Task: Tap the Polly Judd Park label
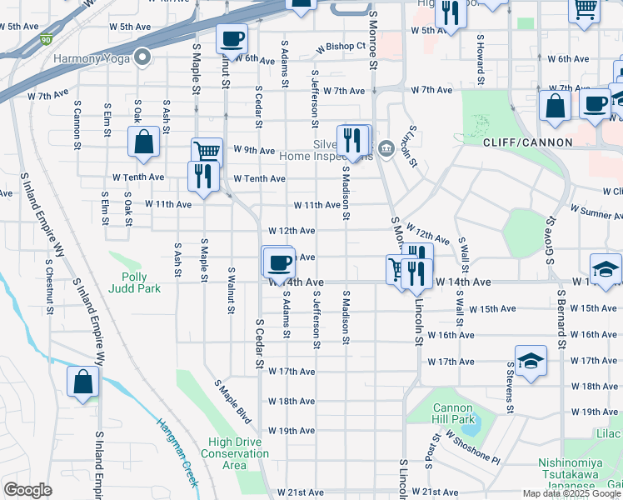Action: (134, 282)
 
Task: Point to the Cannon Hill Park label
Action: (453, 413)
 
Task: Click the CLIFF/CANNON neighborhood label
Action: (528, 142)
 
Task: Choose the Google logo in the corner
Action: (27, 489)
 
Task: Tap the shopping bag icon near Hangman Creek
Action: (83, 382)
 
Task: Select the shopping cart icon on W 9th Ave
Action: (207, 152)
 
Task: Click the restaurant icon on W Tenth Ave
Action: (203, 175)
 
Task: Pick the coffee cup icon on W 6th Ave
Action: (232, 38)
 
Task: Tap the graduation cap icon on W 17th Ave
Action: (531, 361)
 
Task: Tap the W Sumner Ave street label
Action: (596, 214)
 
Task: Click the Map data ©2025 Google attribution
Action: (571, 493)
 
